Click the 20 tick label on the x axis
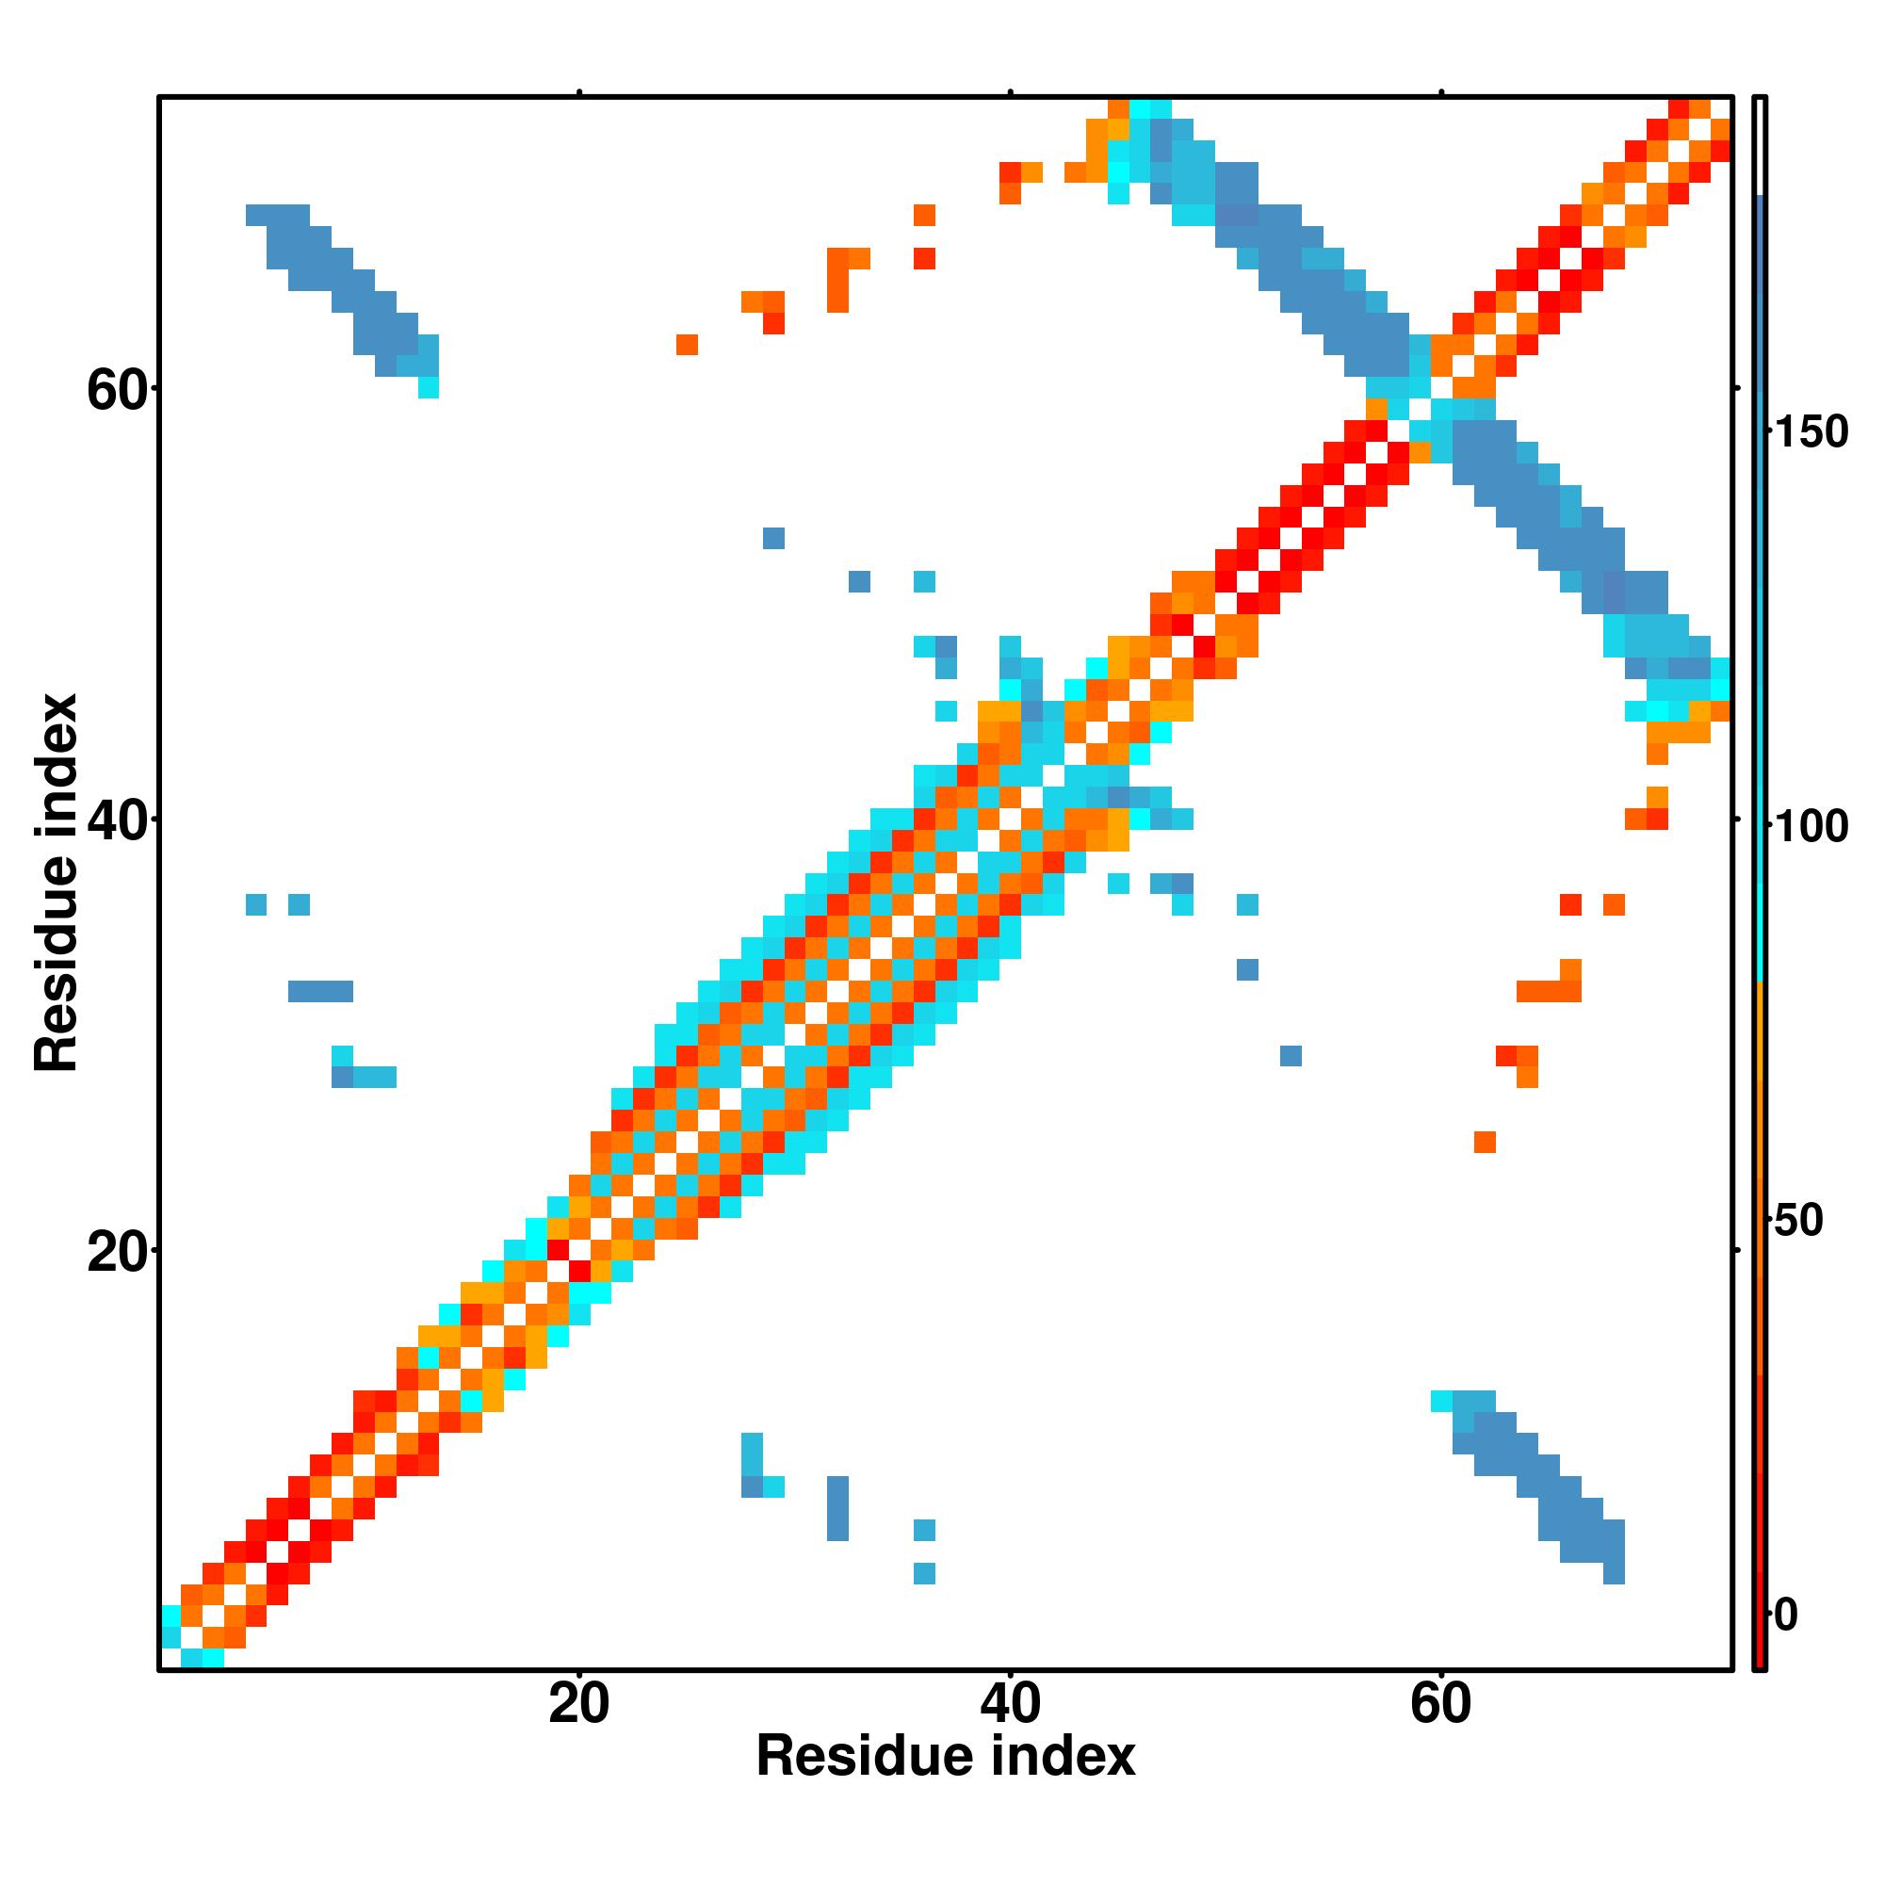point(578,1706)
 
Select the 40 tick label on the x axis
point(1010,1706)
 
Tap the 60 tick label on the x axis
point(1440,1706)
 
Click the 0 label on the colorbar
point(1786,1615)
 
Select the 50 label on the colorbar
point(1798,1221)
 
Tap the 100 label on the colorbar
point(1811,827)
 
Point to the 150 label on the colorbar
point(1811,432)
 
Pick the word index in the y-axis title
point(57,767)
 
